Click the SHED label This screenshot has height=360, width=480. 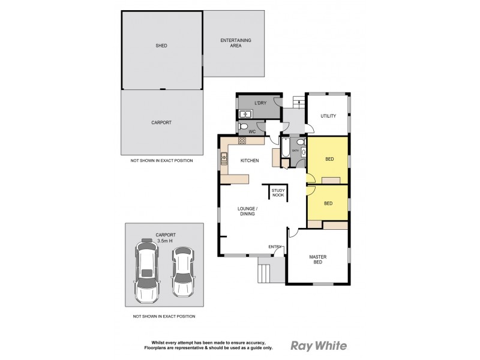pyautogui.click(x=161, y=46)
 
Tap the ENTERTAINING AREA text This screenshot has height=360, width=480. pyautogui.click(x=235, y=43)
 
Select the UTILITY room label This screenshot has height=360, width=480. pyautogui.click(x=328, y=116)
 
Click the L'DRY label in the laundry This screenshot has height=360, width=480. pyautogui.click(x=260, y=103)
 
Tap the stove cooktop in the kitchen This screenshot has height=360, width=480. pyautogui.click(x=242, y=142)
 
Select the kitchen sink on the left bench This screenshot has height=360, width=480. pyautogui.click(x=224, y=158)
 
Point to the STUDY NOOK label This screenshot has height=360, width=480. pyautogui.click(x=277, y=192)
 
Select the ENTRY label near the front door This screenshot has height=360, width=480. pyautogui.click(x=275, y=247)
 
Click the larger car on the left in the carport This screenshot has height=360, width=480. pyautogui.click(x=146, y=270)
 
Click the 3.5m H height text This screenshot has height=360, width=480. pyautogui.click(x=164, y=241)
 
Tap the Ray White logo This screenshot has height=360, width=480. pyautogui.click(x=317, y=346)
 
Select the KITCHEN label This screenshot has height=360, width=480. pyautogui.click(x=249, y=161)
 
